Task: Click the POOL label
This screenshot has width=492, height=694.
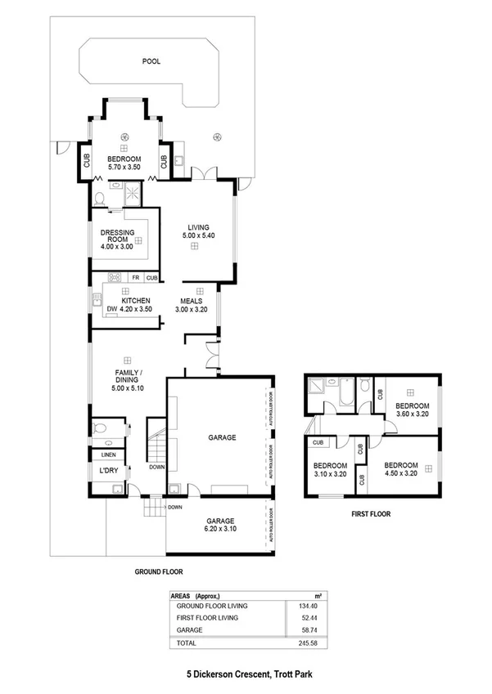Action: click(151, 61)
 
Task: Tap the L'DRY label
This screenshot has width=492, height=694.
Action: click(109, 471)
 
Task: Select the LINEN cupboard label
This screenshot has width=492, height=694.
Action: click(109, 454)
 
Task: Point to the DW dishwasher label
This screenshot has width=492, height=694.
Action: click(111, 309)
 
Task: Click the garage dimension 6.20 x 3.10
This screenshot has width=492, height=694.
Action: click(220, 530)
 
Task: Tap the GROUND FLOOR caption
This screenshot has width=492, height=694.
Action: click(158, 572)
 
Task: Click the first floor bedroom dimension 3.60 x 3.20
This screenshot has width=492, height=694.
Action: click(412, 414)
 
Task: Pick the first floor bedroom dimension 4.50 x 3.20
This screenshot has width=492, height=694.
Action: click(400, 472)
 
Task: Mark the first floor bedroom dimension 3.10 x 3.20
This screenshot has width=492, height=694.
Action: click(332, 473)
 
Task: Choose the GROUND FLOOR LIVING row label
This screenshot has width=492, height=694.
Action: click(212, 606)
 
